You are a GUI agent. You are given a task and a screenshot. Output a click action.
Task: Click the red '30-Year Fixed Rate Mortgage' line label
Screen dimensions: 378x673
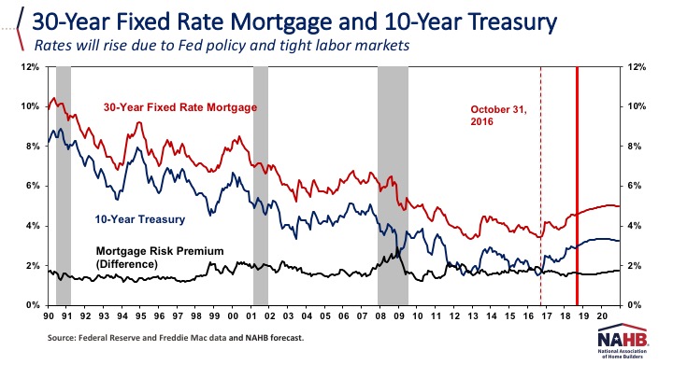[179, 107]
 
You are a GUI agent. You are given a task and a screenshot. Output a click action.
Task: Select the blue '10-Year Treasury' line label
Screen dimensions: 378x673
[139, 220]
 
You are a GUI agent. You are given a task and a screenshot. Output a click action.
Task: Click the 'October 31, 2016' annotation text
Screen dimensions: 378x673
[498, 115]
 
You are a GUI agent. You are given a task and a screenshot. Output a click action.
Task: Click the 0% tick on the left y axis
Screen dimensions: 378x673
[31, 305]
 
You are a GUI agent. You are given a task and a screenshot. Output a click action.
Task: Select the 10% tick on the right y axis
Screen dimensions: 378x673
[642, 107]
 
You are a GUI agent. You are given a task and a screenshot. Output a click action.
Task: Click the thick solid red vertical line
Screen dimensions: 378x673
[577, 187]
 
